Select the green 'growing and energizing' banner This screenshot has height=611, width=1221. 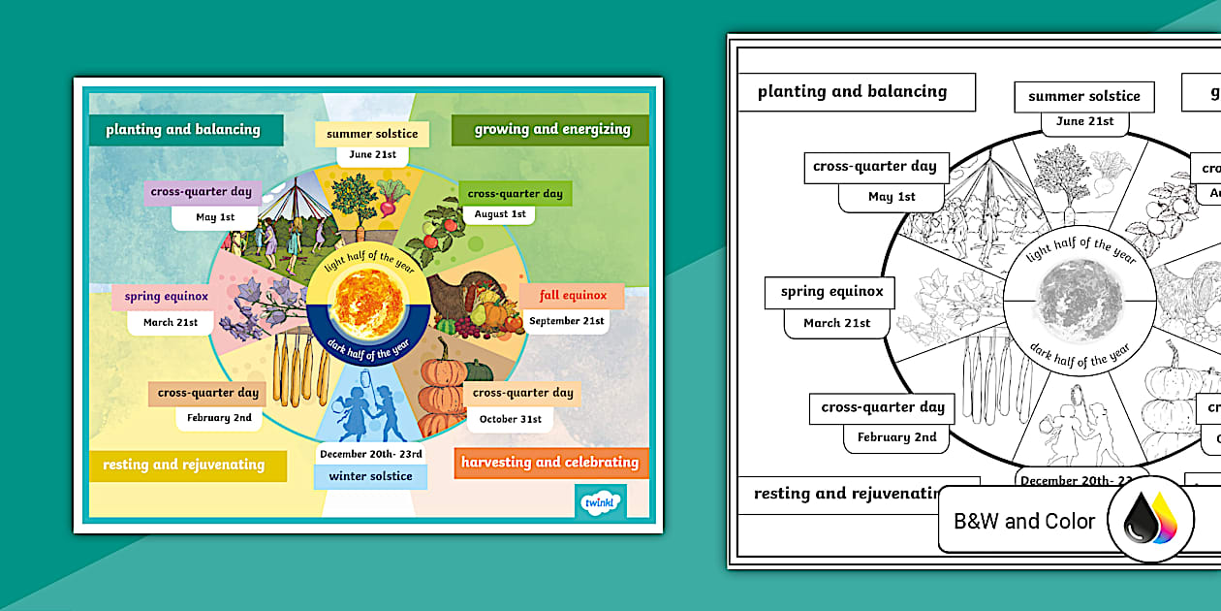click(x=551, y=130)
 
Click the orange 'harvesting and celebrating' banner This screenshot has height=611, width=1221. click(x=549, y=463)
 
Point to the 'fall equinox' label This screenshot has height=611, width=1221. click(x=573, y=296)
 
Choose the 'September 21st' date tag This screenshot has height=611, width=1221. click(x=567, y=321)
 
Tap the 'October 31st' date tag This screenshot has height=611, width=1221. click(x=510, y=419)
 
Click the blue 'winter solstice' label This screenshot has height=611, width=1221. click(x=370, y=476)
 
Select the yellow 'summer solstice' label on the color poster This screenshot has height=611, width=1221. click(x=372, y=134)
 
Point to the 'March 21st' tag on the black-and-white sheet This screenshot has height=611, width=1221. click(x=837, y=323)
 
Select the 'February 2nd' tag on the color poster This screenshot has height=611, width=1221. click(x=220, y=418)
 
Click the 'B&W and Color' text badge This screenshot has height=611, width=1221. click(x=1024, y=522)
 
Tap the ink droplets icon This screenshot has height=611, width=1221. click(x=1149, y=519)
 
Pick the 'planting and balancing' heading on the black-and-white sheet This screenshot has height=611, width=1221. click(x=852, y=92)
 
